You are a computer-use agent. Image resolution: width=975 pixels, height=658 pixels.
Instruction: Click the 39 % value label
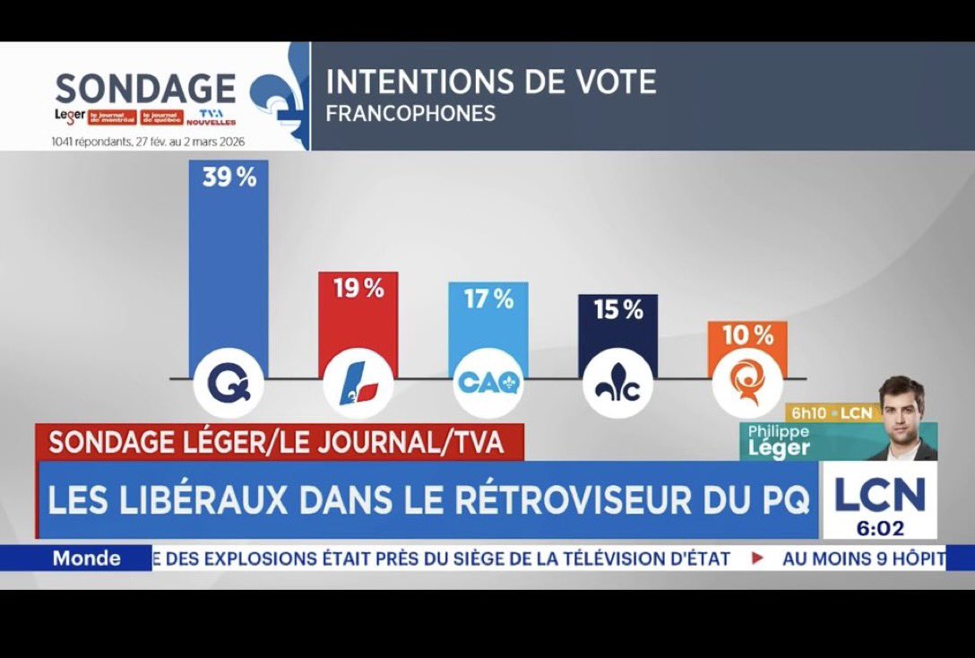click(x=229, y=178)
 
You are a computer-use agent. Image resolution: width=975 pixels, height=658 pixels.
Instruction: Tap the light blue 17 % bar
click(x=488, y=332)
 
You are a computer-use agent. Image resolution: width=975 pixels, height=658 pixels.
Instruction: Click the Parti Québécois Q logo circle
click(x=229, y=384)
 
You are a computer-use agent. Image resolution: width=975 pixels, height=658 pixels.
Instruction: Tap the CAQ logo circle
click(x=488, y=384)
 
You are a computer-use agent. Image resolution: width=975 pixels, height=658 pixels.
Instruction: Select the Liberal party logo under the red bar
click(x=358, y=384)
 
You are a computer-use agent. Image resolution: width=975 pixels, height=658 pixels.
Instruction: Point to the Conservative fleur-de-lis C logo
click(x=617, y=384)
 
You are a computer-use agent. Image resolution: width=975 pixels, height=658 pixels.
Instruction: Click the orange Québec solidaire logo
click(x=747, y=384)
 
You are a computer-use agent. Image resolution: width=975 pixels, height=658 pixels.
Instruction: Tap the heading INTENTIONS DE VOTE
click(x=491, y=82)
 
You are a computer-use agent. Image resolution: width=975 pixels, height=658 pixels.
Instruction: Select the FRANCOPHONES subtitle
click(x=410, y=115)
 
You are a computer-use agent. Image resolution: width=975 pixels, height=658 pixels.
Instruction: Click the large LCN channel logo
click(x=878, y=495)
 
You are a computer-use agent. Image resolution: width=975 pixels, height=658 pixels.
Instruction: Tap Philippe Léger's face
click(x=901, y=408)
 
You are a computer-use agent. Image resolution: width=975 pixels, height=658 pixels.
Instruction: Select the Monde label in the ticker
click(x=87, y=558)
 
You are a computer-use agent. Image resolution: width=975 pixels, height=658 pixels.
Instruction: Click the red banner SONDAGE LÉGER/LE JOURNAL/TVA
click(x=276, y=442)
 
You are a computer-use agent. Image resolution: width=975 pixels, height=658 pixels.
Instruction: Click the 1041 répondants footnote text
click(x=148, y=142)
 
